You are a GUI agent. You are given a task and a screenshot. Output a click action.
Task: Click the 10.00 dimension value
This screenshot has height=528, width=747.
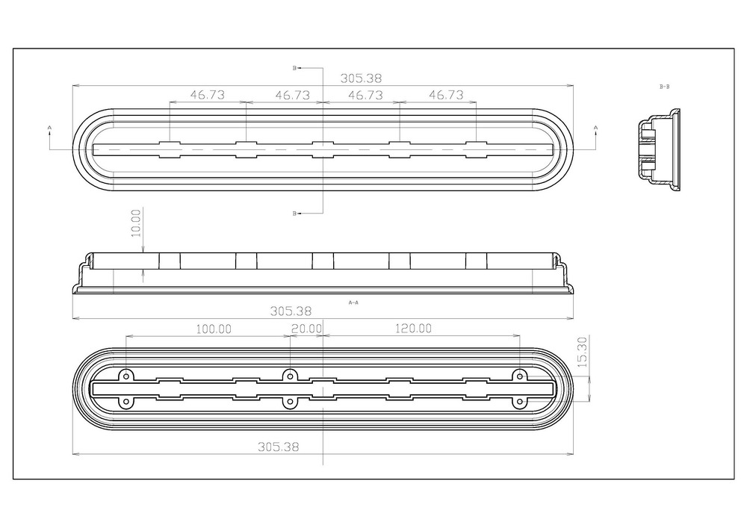tap(136, 223)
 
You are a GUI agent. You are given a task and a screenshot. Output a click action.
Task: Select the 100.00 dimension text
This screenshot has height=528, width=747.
tap(214, 329)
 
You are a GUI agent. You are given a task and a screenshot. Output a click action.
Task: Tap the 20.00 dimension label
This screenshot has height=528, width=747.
tap(306, 329)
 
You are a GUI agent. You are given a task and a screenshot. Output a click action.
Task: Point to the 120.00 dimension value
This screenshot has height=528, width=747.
tap(413, 329)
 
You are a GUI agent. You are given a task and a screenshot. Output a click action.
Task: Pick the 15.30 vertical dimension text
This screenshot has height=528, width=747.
tap(582, 352)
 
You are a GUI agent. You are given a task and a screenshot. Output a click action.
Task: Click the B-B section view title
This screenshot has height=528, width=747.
tap(665, 87)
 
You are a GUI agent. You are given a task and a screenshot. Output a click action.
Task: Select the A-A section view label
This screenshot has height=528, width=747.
tap(353, 302)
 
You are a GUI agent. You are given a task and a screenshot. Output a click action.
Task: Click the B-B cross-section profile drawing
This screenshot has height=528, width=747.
tap(659, 149)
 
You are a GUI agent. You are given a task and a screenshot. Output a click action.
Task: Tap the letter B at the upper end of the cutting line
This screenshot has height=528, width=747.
tap(294, 68)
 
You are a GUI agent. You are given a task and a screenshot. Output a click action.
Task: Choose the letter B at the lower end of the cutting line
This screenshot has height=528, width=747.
tap(294, 214)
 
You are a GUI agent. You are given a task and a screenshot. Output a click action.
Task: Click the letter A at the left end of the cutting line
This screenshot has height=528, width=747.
tap(49, 128)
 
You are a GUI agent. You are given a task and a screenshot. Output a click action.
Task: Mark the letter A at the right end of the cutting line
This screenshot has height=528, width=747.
tap(595, 128)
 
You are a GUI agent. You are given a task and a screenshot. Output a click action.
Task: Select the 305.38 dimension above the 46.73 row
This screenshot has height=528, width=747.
tap(361, 78)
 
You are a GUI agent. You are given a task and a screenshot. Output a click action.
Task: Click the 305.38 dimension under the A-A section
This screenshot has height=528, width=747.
tap(291, 311)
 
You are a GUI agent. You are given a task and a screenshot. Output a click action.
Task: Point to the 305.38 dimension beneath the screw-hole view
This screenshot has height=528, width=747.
tap(278, 447)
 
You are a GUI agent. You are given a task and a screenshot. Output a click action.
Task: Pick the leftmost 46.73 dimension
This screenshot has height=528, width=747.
tap(208, 95)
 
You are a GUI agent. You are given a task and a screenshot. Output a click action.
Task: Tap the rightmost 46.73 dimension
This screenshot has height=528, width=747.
tap(447, 95)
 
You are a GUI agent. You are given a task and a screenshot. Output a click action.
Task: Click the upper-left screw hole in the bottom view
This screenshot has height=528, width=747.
tap(125, 376)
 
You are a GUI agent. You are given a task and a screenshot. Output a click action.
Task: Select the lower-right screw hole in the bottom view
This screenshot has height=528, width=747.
tap(520, 402)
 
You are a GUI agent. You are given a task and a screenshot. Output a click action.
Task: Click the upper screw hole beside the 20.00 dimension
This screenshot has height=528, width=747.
tap(289, 376)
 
